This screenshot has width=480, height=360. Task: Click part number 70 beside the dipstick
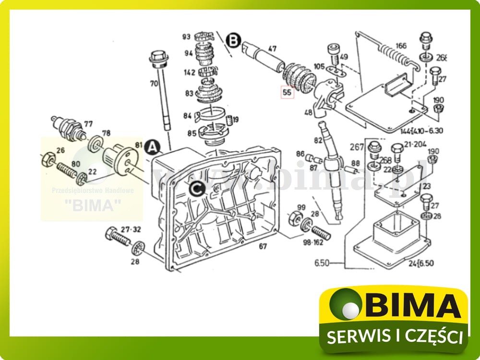click(154, 83)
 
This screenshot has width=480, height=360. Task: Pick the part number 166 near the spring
click(401, 46)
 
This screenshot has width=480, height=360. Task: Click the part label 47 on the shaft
click(272, 48)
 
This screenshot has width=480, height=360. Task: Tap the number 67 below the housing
click(263, 247)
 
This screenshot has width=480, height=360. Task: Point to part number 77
click(88, 123)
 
